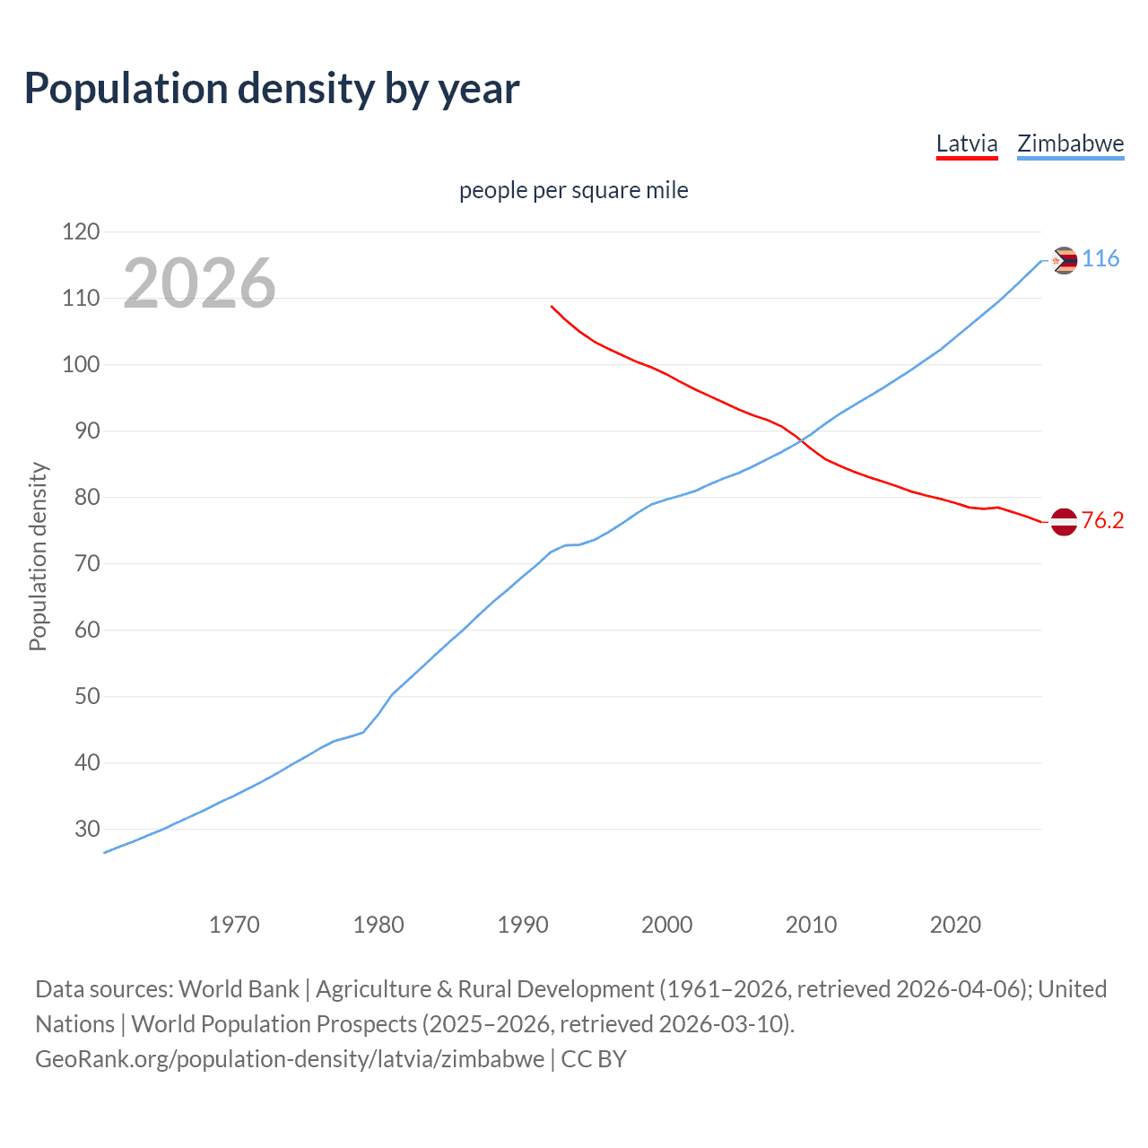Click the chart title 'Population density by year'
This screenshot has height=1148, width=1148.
(x=272, y=89)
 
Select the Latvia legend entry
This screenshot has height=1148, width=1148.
(x=966, y=143)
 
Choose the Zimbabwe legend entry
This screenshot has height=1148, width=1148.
(x=1070, y=143)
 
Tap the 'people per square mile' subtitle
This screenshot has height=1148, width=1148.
(x=573, y=190)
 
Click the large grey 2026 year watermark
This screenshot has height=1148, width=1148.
(x=199, y=283)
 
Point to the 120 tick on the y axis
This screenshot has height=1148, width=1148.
(x=81, y=232)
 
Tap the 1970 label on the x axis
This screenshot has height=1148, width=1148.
(x=234, y=925)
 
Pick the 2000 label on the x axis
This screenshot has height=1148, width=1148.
(x=666, y=925)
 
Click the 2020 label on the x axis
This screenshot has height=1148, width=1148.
(x=955, y=925)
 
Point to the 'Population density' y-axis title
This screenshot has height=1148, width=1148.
(x=38, y=556)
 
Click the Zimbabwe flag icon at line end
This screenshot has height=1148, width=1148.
(x=1064, y=260)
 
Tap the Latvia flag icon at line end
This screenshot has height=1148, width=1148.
(x=1064, y=521)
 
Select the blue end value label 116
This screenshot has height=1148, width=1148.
(x=1100, y=259)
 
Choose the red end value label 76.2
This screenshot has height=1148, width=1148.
(x=1102, y=521)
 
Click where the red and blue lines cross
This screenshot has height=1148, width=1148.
(x=801, y=440)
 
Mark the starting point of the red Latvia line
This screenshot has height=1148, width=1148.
(x=552, y=306)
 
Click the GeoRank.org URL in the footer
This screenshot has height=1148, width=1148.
(x=290, y=1059)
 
